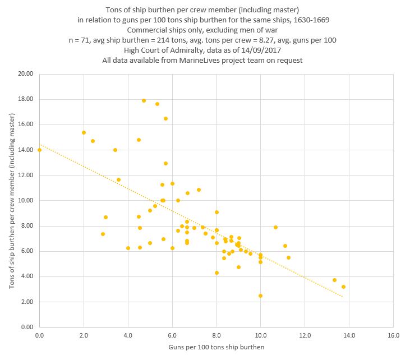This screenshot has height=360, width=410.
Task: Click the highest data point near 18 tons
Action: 144,101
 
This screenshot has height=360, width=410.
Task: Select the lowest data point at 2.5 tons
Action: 260,296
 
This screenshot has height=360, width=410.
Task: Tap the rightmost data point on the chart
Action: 343,287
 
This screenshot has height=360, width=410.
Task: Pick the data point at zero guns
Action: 39,150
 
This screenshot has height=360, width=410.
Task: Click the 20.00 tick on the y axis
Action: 26,73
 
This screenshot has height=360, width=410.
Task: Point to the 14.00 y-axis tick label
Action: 26,150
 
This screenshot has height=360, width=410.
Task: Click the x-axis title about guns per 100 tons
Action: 216,347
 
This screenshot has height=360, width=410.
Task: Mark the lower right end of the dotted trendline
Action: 342,297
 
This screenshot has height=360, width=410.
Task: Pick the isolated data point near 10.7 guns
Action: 275,227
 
